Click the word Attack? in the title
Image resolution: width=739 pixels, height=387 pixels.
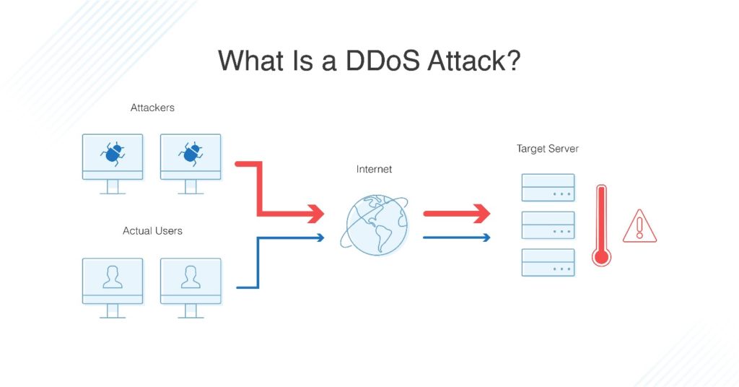[x=473, y=61]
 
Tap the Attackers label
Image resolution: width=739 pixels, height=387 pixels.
[x=152, y=108]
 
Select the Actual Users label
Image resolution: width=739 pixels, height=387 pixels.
[x=152, y=231]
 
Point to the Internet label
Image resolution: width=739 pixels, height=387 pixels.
[x=375, y=169]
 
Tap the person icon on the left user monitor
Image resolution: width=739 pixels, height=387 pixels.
[x=113, y=277]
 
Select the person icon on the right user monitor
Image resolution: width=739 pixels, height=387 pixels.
[x=191, y=277]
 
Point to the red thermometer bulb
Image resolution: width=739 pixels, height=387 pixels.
[x=601, y=256]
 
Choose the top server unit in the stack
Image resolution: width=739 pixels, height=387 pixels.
[x=548, y=188]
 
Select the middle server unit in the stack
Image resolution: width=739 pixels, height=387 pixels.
[x=548, y=225]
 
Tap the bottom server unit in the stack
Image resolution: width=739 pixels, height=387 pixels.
[x=548, y=262]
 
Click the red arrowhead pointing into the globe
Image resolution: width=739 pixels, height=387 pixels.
[x=315, y=214]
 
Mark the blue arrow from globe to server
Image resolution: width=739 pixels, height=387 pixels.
[x=456, y=237]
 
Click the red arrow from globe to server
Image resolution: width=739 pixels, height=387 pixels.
[x=456, y=214]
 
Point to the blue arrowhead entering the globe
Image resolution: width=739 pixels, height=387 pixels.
[x=320, y=237]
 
